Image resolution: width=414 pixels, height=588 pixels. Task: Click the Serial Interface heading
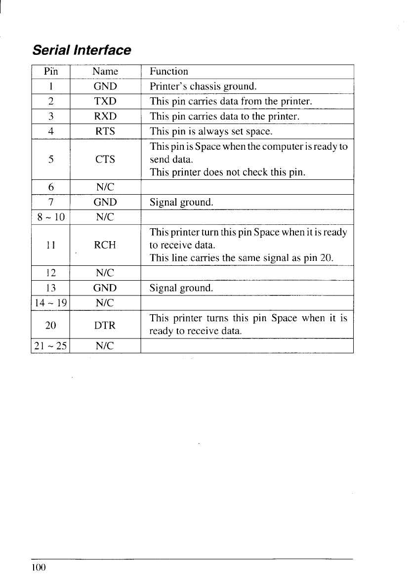point(82,50)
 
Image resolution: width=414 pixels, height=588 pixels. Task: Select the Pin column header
point(51,72)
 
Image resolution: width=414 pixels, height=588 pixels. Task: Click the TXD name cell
point(105,102)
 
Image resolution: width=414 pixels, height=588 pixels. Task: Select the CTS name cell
point(105,160)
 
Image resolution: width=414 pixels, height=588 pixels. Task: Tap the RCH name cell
point(105,245)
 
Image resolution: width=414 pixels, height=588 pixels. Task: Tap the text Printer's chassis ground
point(203,86)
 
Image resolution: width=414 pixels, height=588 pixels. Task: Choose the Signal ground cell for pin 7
point(181,202)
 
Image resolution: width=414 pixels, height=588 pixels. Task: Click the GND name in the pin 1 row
point(105,86)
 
